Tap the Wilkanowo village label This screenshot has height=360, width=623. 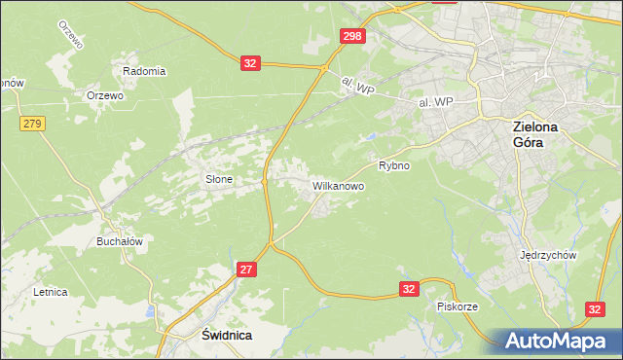[x=338, y=185]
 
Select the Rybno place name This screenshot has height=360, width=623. [x=394, y=165]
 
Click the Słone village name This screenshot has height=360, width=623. [x=217, y=179]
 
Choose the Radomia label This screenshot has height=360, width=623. [x=144, y=71]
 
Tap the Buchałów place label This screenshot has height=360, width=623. [x=120, y=241]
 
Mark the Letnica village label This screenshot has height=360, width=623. [x=50, y=291]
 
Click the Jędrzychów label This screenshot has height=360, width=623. [x=549, y=255]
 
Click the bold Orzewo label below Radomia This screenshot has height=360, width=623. [x=104, y=95]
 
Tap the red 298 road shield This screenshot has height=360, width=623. [x=353, y=36]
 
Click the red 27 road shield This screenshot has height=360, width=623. [x=247, y=270]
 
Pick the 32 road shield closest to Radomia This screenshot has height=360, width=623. [x=251, y=63]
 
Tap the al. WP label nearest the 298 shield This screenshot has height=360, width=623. [x=358, y=88]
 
